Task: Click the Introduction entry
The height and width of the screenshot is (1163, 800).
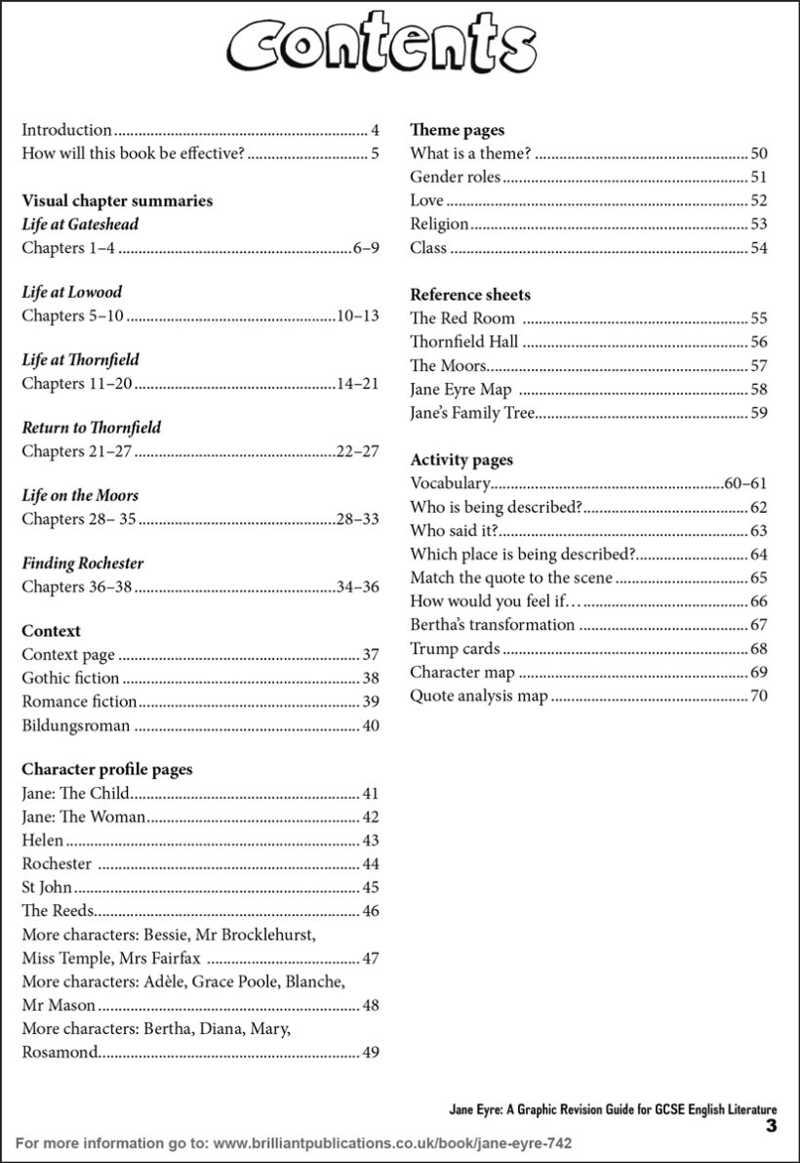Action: click(67, 130)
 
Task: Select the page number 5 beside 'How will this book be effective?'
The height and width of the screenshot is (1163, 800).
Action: click(375, 153)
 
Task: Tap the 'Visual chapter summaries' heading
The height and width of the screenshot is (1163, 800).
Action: click(117, 201)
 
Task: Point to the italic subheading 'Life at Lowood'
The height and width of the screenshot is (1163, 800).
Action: click(72, 292)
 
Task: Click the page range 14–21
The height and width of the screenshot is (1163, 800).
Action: click(357, 384)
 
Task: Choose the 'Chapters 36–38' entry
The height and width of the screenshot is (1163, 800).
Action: click(77, 587)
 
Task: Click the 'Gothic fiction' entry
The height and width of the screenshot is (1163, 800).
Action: click(70, 678)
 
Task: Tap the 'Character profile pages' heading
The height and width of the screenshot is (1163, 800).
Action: click(107, 769)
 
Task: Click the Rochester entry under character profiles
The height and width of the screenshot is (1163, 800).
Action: click(57, 864)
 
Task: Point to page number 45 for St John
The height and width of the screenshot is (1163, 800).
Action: click(370, 888)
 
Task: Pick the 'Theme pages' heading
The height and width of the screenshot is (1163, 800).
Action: click(458, 130)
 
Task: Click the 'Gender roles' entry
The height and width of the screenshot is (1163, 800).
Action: click(455, 177)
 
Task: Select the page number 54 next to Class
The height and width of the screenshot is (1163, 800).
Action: click(759, 248)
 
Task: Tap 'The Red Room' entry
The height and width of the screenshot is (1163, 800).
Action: click(461, 318)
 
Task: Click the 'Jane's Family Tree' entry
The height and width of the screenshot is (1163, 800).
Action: click(472, 413)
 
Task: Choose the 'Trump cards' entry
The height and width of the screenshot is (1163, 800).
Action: click(455, 648)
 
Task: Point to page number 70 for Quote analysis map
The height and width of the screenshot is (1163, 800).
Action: click(759, 696)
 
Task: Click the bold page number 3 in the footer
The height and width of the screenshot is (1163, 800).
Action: click(771, 1127)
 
